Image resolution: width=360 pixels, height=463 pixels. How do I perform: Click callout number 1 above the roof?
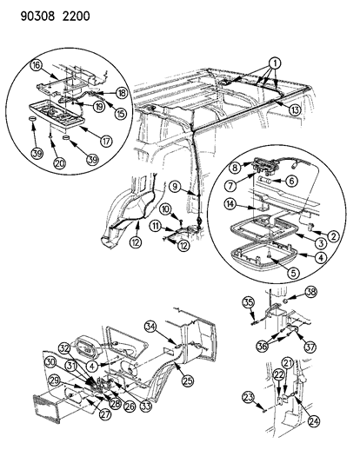tap(275, 63)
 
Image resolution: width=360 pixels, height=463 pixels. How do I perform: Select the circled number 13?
tap(295, 109)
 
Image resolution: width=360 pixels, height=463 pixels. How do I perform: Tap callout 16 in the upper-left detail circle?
tap(36, 65)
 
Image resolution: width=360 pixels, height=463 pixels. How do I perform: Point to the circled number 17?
tap(106, 141)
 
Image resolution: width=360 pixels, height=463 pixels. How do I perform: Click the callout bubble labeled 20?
tap(60, 162)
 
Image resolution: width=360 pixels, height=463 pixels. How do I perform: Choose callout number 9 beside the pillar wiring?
tap(176, 187)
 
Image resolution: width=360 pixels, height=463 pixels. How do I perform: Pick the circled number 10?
tap(166, 209)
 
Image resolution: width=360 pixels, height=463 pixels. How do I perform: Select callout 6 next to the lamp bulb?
tap(291, 181)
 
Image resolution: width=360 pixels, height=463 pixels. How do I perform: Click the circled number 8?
tap(235, 168)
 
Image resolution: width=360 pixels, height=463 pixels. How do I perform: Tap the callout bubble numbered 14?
tap(230, 204)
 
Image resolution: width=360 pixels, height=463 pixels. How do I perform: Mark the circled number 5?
tap(293, 273)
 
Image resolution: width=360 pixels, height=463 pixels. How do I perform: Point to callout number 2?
tap(334, 236)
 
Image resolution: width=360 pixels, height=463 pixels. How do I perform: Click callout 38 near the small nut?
tap(310, 292)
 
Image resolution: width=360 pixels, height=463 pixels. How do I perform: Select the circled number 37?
tap(310, 347)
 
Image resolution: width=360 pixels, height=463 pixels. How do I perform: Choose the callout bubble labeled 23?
tap(249, 397)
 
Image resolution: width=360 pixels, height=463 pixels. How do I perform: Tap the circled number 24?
tap(314, 421)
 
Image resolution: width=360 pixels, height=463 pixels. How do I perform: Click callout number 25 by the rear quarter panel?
tap(187, 381)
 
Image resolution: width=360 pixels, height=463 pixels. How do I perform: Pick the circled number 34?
tap(151, 327)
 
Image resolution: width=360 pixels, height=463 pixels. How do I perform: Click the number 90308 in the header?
tap(37, 16)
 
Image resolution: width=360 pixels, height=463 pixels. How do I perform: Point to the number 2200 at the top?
tap(76, 16)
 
